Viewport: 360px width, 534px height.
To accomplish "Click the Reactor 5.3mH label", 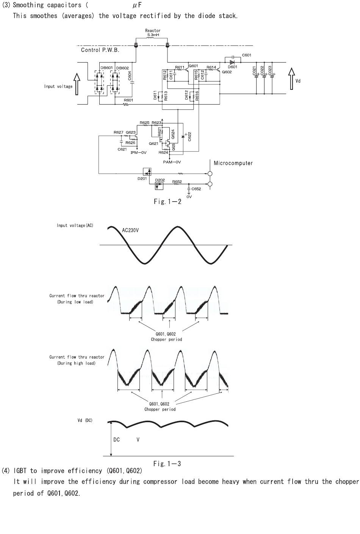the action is tap(153, 33).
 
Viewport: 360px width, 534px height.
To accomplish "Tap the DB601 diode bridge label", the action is tap(106, 68).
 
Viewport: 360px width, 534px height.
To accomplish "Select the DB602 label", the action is tap(122, 68).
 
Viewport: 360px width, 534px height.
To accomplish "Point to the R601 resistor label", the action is tap(128, 100).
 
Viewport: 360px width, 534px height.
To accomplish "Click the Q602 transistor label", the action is tap(227, 72).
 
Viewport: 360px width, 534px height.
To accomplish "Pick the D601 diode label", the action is tap(232, 67).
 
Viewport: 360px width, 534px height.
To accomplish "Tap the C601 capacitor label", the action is tap(247, 55).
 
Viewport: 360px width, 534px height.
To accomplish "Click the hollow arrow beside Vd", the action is tap(291, 79).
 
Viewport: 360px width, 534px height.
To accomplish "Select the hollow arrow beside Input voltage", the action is tap(77, 84).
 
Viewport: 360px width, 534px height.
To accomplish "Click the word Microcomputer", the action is tap(233, 163).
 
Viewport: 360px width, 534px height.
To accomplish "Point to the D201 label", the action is tap(142, 179).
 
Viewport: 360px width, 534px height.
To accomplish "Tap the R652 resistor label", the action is tap(177, 182).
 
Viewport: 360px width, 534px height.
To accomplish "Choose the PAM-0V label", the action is tap(172, 162).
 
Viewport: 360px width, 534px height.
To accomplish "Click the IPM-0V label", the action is tap(138, 153).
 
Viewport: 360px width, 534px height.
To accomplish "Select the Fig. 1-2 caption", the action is tap(167, 202).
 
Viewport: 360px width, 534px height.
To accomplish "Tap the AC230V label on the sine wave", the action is tap(130, 230).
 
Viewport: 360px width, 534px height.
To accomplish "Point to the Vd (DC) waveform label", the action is tap(85, 420).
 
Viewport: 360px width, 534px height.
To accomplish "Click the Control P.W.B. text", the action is tap(100, 50).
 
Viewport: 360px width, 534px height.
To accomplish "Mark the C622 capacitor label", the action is tap(189, 136).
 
